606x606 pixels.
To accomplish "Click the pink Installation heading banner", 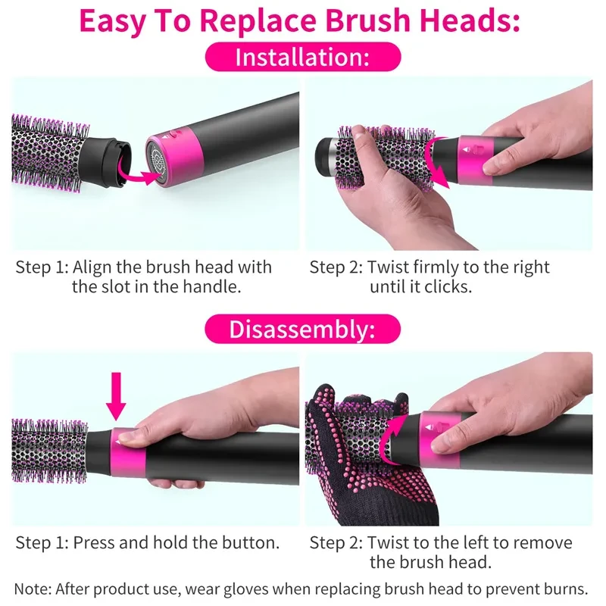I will click(x=303, y=58).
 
